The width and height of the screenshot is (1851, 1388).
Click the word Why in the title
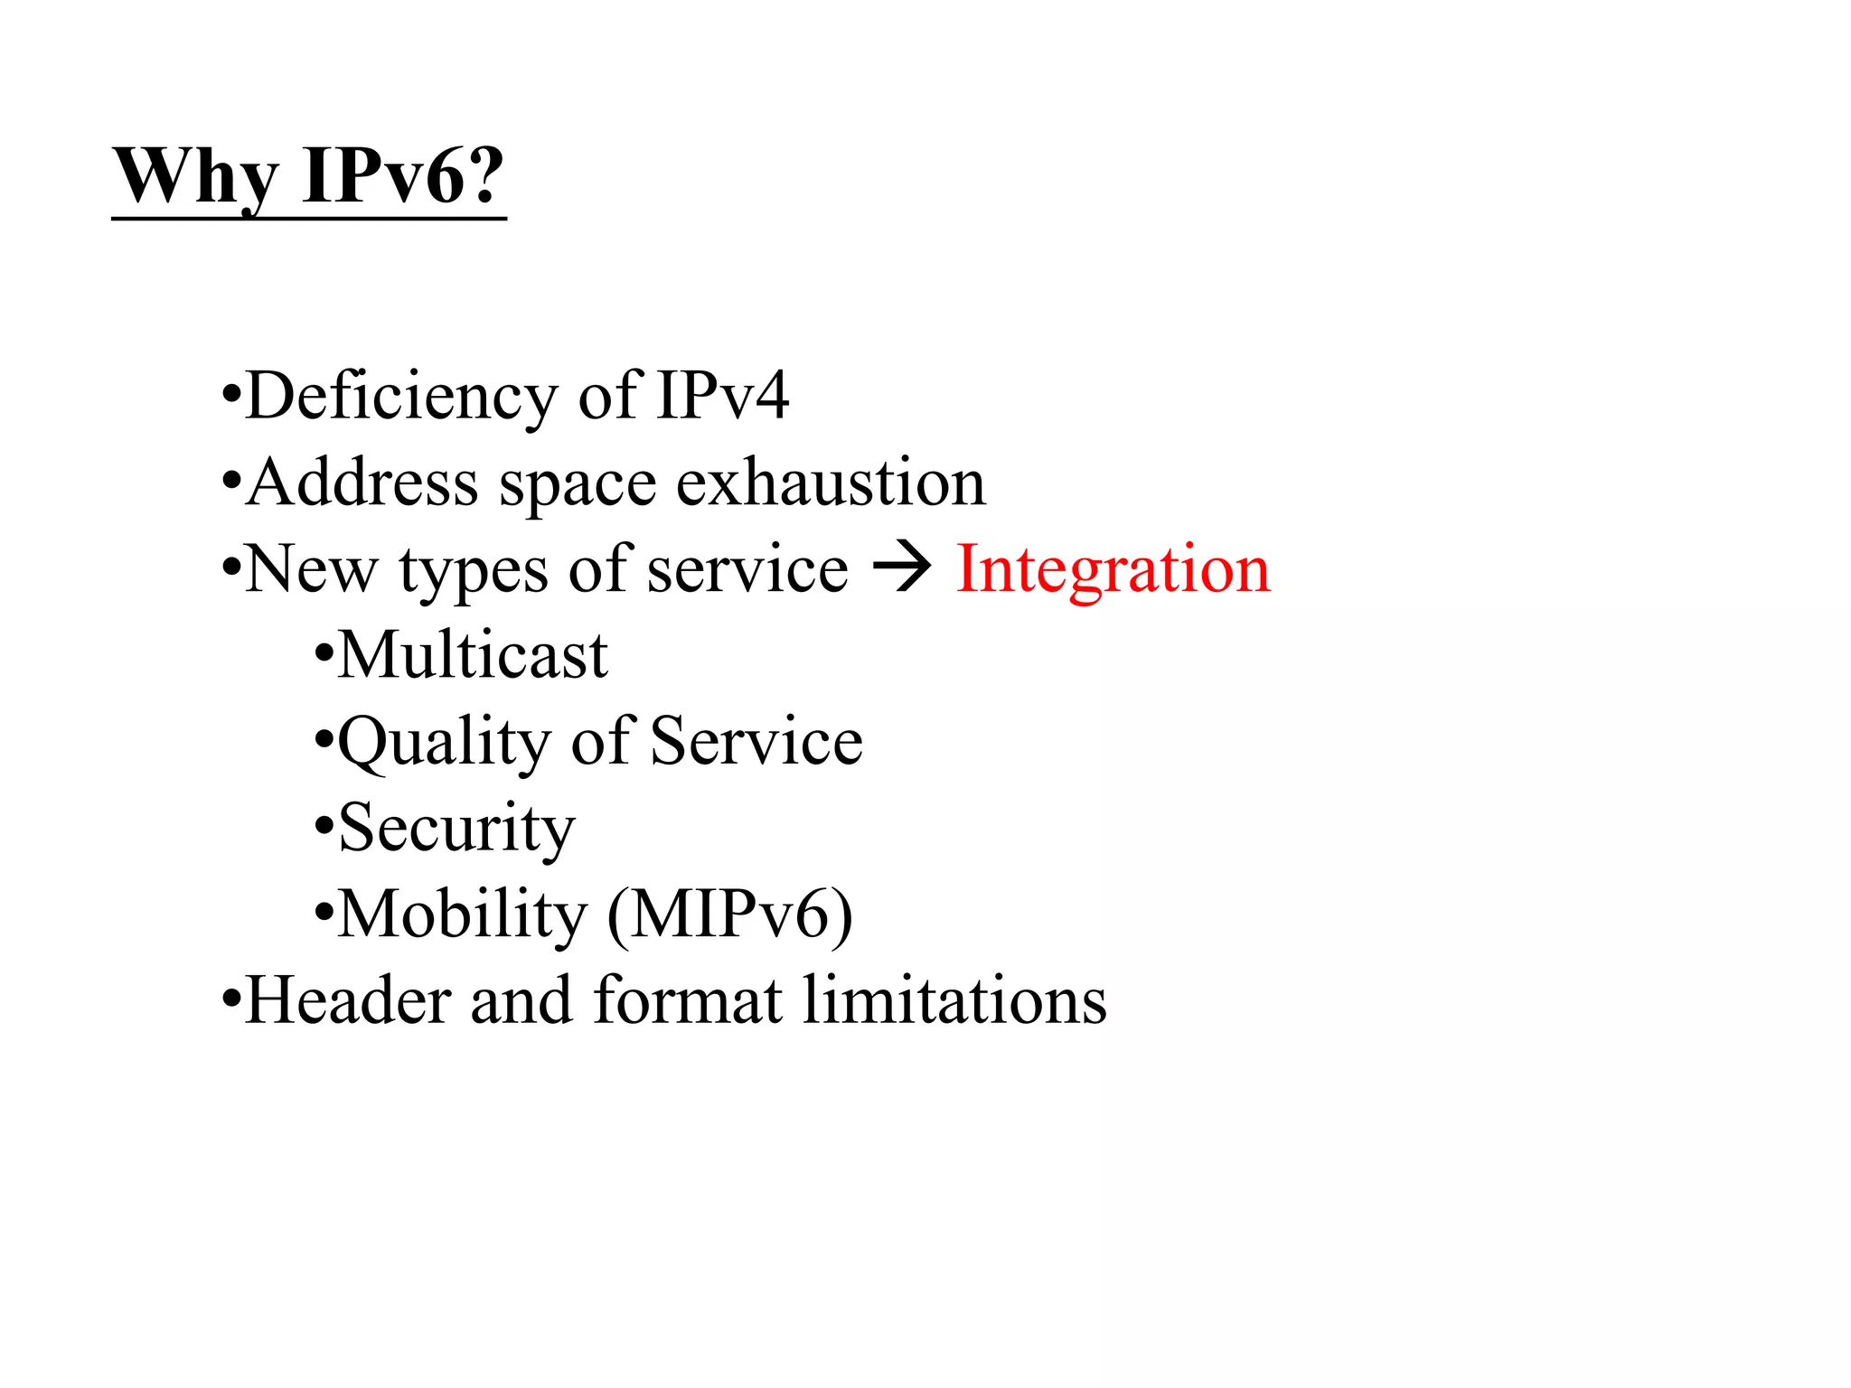pyautogui.click(x=195, y=177)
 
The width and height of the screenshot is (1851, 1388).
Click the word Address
pyautogui.click(x=362, y=483)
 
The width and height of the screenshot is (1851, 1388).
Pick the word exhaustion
pyautogui.click(x=831, y=483)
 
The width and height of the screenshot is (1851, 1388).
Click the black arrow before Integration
pyautogui.click(x=901, y=569)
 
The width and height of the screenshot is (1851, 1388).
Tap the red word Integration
pyautogui.click(x=1113, y=569)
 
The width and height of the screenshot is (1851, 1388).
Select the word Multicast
pyautogui.click(x=473, y=655)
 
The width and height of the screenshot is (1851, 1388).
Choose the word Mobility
pyautogui.click(x=462, y=914)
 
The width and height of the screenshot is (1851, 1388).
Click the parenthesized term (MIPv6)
pyautogui.click(x=729, y=914)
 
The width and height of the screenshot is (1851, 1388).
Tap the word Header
pyautogui.click(x=348, y=1000)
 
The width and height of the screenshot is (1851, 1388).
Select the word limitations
pyautogui.click(x=954, y=1000)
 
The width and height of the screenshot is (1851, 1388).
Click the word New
pyautogui.click(x=311, y=569)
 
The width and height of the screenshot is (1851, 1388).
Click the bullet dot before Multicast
pyautogui.click(x=324, y=655)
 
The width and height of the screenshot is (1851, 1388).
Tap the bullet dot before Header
pyautogui.click(x=231, y=1000)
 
